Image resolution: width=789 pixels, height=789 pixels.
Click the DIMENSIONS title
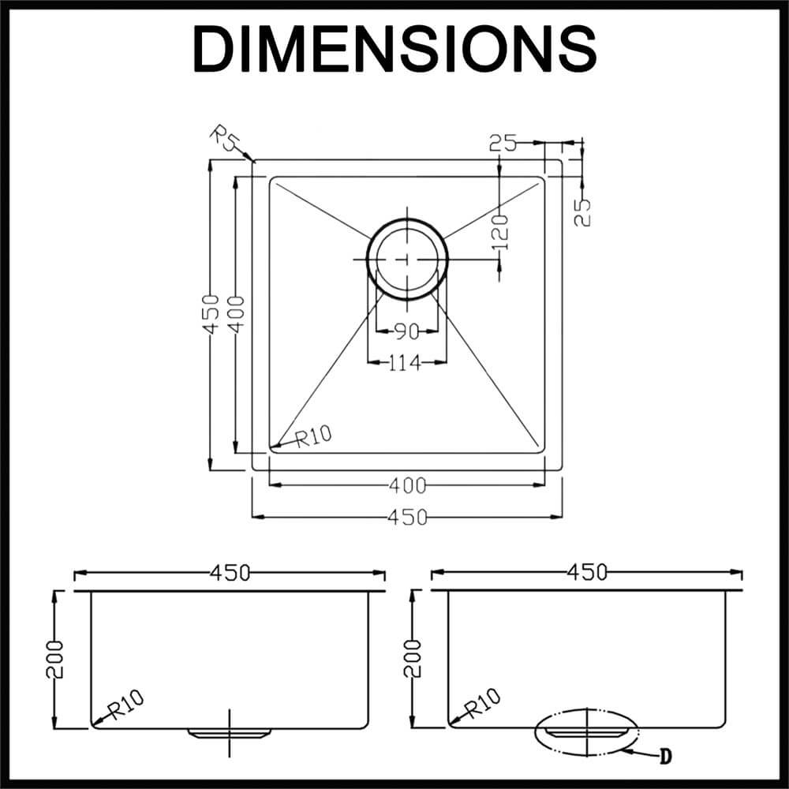pyautogui.click(x=394, y=50)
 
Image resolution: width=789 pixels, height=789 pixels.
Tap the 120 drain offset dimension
pyautogui.click(x=500, y=230)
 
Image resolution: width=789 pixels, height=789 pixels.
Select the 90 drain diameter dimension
pyautogui.click(x=406, y=331)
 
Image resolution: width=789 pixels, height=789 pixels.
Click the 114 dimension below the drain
pyautogui.click(x=406, y=363)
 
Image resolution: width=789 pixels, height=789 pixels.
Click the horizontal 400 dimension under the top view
pyautogui.click(x=407, y=484)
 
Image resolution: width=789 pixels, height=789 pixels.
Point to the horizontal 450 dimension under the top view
pyautogui.click(x=407, y=518)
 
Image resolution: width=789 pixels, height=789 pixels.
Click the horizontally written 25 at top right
pyautogui.click(x=503, y=144)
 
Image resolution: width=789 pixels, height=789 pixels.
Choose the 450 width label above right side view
pyautogui.click(x=588, y=572)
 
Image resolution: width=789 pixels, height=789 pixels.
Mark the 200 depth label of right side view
pyautogui.click(x=413, y=658)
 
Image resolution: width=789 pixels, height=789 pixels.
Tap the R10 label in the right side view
pyautogui.click(x=482, y=704)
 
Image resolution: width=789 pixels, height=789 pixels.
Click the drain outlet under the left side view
pyautogui.click(x=230, y=733)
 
